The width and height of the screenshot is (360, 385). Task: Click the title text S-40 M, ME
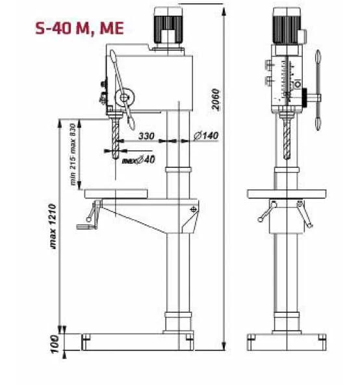coord(79,29)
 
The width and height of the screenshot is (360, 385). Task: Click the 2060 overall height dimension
coord(216,100)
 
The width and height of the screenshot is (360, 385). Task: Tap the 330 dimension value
coord(146,136)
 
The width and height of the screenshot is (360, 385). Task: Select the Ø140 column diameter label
coord(205,135)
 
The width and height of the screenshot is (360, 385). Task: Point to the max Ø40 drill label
coord(138,160)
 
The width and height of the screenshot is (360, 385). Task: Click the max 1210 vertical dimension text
coord(53,226)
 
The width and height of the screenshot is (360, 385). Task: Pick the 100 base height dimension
coord(55,344)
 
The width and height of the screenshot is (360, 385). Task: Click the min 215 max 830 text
coord(73,154)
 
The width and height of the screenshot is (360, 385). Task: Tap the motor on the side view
coord(168,27)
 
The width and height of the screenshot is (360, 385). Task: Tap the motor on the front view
coord(287,26)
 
